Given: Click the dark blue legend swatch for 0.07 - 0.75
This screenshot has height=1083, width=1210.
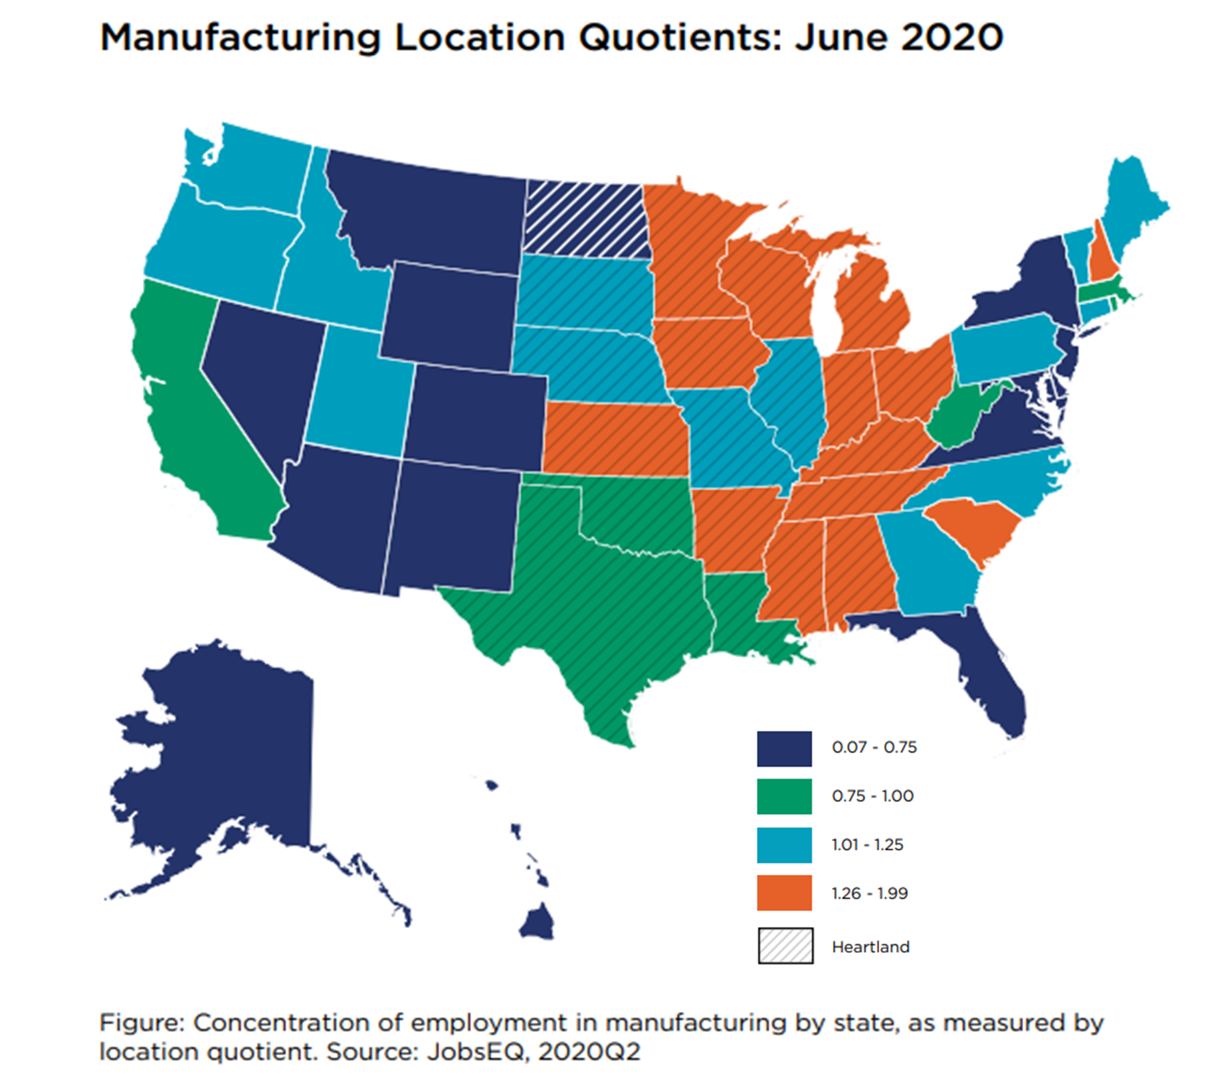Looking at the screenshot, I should click(783, 748).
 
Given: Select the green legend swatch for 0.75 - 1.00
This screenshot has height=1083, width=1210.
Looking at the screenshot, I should click(783, 796).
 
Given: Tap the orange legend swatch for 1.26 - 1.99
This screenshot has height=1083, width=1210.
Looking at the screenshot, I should click(783, 892).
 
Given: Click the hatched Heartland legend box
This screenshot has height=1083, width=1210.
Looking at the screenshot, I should click(785, 945).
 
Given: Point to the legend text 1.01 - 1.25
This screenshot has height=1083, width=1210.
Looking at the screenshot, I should click(866, 844).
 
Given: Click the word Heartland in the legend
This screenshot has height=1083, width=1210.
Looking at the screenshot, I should click(870, 946).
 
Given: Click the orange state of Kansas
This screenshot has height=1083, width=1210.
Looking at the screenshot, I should click(615, 439).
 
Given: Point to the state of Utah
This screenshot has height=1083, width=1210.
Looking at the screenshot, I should click(355, 392).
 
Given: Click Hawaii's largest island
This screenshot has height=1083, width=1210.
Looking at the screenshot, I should click(537, 922).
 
